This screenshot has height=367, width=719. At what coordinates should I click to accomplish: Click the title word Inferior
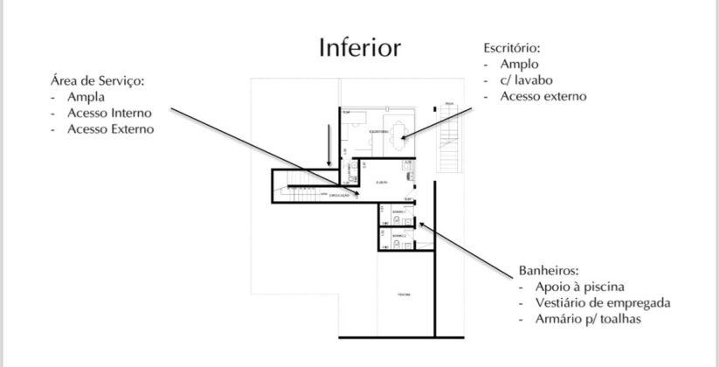(360, 46)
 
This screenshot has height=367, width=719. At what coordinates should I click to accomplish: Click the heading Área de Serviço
(98, 80)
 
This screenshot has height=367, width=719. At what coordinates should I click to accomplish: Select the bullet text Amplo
(519, 64)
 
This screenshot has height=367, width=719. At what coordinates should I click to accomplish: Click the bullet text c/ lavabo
(526, 80)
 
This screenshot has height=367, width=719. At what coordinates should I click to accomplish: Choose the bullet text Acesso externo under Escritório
(543, 96)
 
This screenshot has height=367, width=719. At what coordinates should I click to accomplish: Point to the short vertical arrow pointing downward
(328, 147)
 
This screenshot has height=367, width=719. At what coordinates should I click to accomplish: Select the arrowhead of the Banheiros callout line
(421, 225)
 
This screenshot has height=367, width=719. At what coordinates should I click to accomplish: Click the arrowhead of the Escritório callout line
(403, 136)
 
